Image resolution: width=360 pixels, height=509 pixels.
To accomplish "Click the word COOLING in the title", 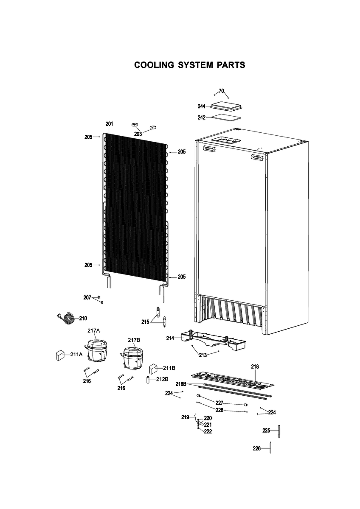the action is pos(154,65).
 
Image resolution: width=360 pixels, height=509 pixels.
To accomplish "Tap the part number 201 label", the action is pos(109,124).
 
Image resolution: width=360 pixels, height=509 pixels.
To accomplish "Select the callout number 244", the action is pos(202,106).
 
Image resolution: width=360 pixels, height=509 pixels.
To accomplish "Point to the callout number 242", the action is pos(202,117).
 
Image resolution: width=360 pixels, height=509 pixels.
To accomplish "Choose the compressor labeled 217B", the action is pos(133,358).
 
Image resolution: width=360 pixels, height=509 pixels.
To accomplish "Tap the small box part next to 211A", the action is pos(59,355).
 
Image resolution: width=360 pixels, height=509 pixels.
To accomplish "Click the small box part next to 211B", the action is pos(153,369).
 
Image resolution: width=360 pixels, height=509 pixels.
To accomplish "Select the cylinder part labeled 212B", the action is pos(148,380).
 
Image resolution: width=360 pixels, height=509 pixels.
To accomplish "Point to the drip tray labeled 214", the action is pos(213,341).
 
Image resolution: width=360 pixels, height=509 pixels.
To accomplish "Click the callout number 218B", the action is pos(181,384).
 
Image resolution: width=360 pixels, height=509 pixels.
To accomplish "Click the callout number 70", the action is pos(221,91).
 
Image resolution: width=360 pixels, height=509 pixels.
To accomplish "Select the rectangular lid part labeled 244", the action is pos(227,106).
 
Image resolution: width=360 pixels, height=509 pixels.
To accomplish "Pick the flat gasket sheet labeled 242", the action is pos(226,118).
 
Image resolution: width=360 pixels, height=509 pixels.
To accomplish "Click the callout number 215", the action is pos(145,322).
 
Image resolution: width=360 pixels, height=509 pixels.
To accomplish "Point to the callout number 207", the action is pos(87,297).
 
